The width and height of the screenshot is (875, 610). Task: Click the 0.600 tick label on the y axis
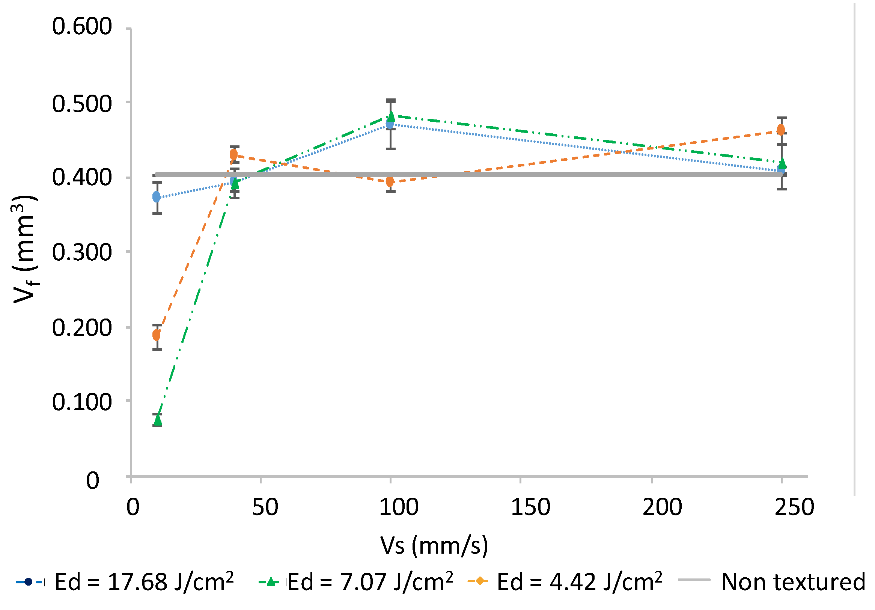click(x=82, y=27)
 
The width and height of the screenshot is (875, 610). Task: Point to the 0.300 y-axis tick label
click(x=82, y=253)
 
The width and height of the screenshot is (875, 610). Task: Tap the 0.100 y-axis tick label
click(x=82, y=402)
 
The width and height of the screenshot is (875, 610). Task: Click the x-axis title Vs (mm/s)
click(x=434, y=546)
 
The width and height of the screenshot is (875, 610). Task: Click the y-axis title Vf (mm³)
click(x=25, y=250)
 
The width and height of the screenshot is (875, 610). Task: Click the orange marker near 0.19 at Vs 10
click(x=157, y=335)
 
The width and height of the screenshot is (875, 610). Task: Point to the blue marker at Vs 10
click(x=157, y=197)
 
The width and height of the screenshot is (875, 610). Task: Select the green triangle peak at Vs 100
click(x=391, y=116)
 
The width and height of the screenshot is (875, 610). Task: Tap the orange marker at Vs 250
click(x=781, y=130)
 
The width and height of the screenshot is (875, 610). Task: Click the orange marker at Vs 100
click(x=390, y=181)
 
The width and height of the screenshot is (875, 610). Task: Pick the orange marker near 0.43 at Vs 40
click(x=234, y=155)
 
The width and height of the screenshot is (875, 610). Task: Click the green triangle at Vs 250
click(x=782, y=163)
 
